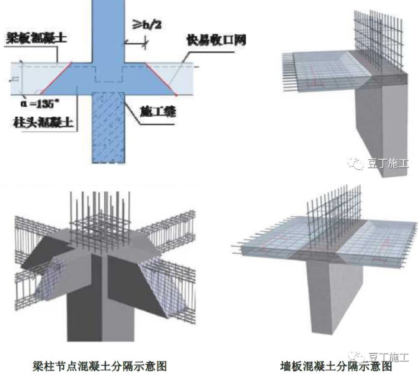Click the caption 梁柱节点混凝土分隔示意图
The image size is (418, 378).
[99, 366]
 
